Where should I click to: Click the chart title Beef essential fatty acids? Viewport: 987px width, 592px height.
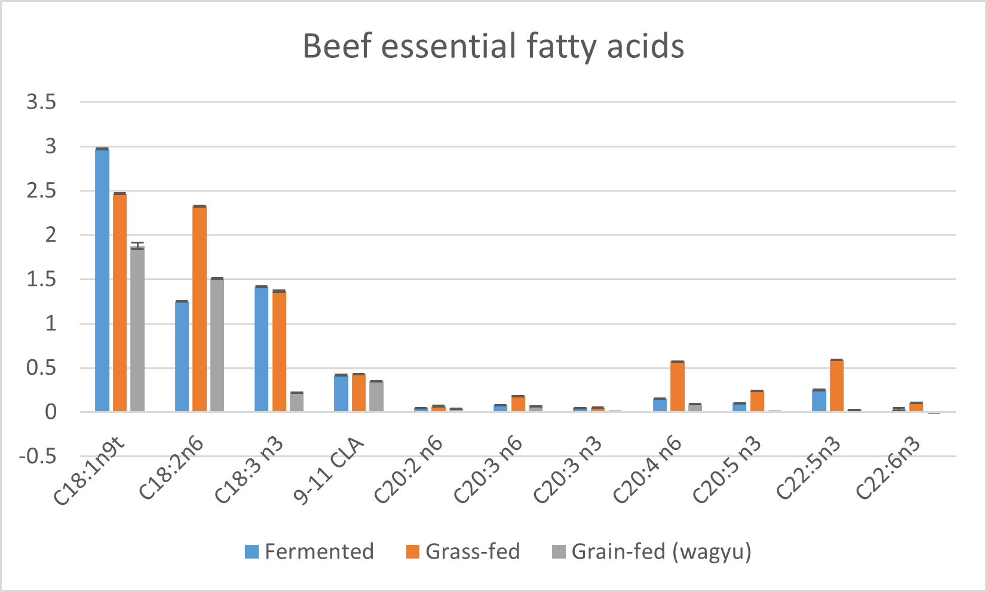tap(493, 46)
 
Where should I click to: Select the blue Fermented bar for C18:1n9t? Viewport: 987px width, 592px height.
tap(102, 280)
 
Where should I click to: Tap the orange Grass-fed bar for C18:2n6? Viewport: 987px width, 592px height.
tap(200, 309)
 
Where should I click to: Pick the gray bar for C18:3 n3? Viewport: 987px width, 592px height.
tap(297, 402)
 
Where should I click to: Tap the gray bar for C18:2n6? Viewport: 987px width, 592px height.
tap(217, 345)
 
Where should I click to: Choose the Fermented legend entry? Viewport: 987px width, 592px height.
tap(309, 551)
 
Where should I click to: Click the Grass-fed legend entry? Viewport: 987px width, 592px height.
tap(463, 551)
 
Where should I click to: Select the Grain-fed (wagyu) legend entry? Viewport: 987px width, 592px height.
tap(651, 551)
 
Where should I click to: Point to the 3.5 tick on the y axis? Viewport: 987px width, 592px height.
tap(41, 102)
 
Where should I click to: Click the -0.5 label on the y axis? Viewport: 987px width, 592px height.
tap(38, 457)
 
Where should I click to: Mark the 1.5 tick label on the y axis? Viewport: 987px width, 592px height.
tap(41, 279)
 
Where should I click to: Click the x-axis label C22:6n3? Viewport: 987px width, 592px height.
tap(888, 468)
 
